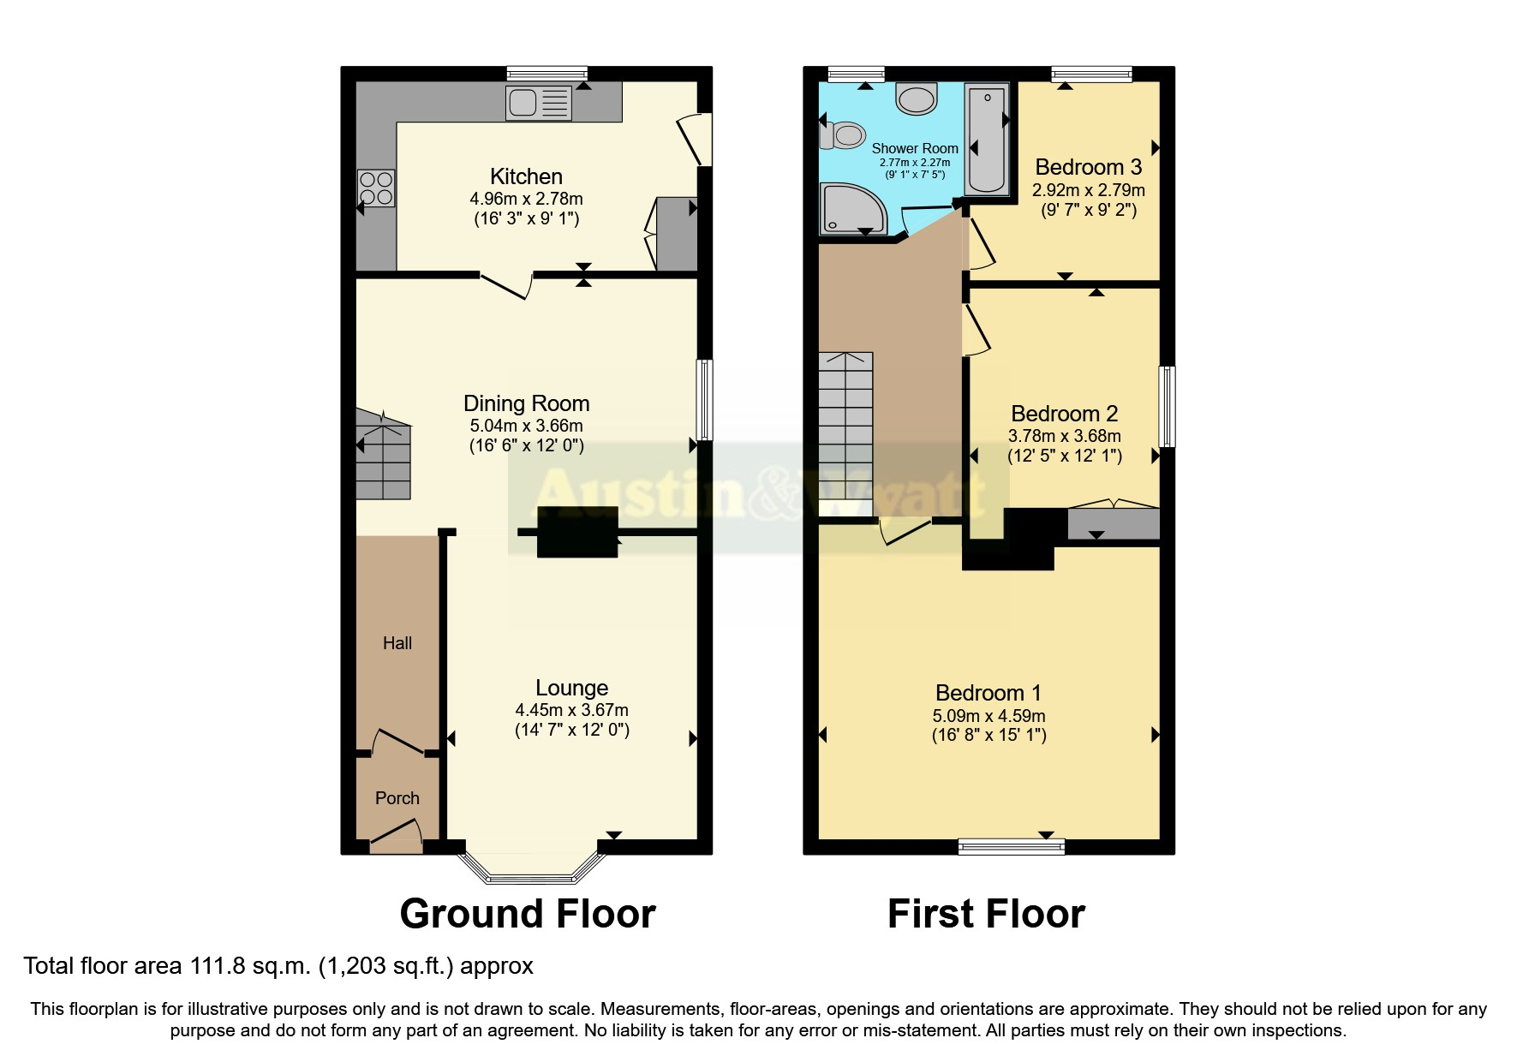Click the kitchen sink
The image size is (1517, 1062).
539,104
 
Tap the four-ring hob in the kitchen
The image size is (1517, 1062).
377,188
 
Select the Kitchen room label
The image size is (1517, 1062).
526,176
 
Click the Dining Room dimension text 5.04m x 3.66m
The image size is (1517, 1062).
526,426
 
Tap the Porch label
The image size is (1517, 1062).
397,798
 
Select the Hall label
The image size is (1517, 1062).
397,643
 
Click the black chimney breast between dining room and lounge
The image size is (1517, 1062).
577,532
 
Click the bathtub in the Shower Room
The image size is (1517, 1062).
987,138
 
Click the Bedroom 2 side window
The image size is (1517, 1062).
1167,406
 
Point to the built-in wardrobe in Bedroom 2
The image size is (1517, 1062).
1113,523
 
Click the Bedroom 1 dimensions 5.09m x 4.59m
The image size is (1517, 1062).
988,716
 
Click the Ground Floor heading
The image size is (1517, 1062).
528,914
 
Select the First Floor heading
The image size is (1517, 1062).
986,914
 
